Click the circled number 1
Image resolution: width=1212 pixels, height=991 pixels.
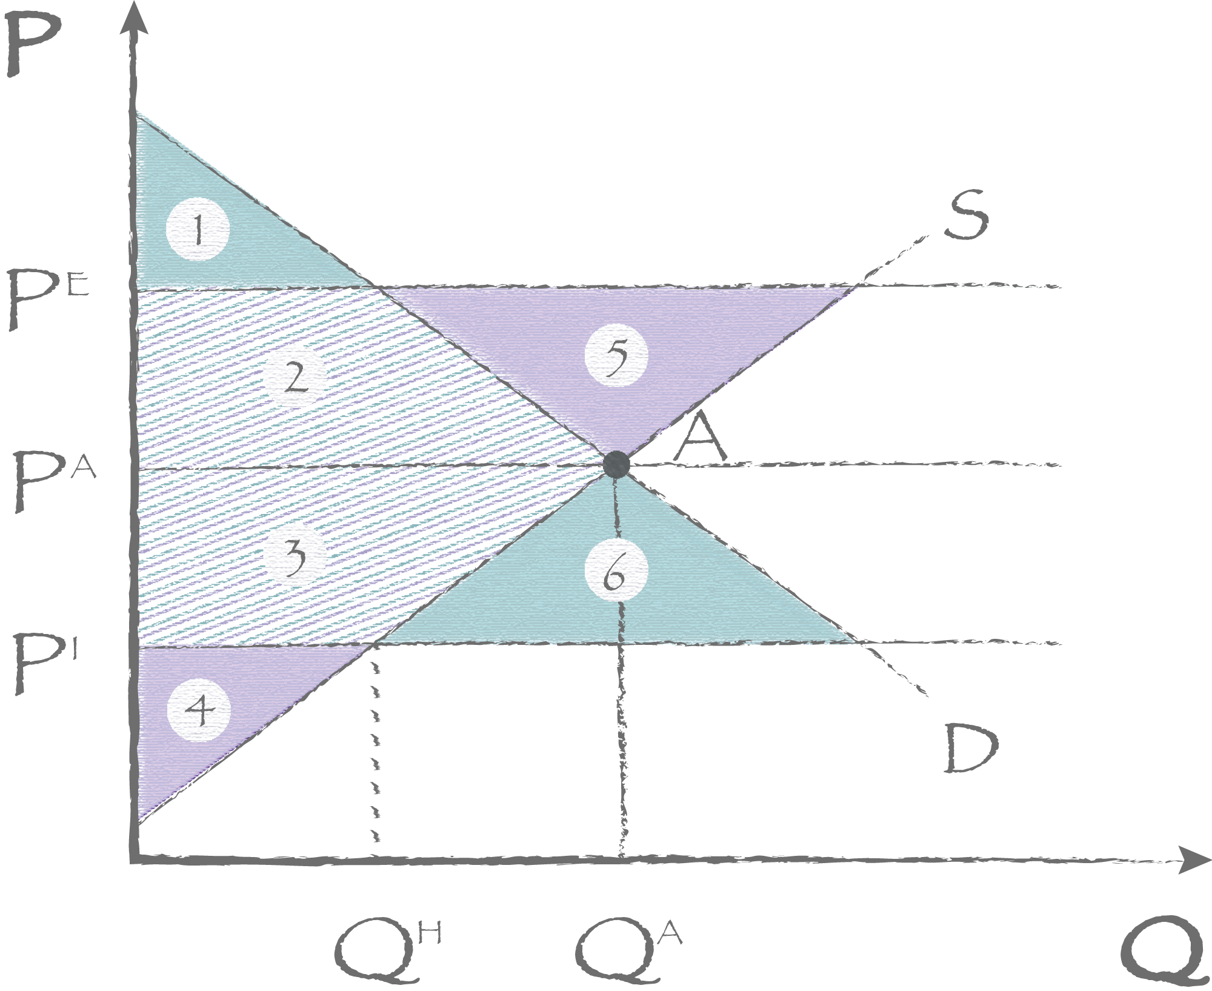pyautogui.click(x=198, y=229)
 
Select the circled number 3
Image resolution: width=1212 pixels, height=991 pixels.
pyautogui.click(x=295, y=555)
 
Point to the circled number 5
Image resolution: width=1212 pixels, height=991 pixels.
pyautogui.click(x=616, y=356)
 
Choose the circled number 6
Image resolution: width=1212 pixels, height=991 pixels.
pyautogui.click(x=616, y=570)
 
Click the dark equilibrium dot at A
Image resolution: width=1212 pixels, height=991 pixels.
pyautogui.click(x=617, y=464)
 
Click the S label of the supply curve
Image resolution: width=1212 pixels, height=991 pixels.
pyautogui.click(x=968, y=216)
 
